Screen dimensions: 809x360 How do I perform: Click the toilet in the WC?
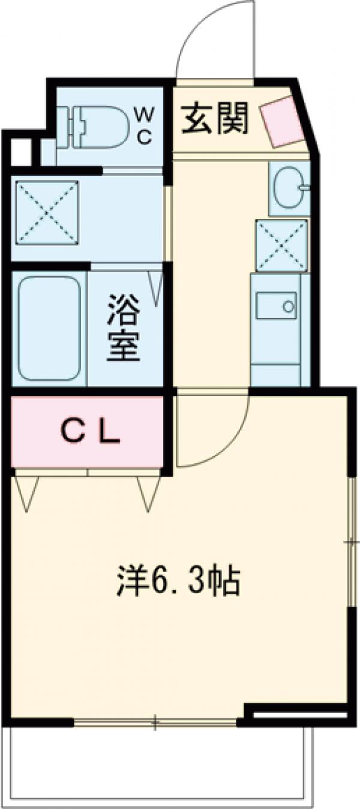tap(99, 126)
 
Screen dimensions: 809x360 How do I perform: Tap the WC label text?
tap(146, 125)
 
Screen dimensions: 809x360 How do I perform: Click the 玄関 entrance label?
tap(215, 117)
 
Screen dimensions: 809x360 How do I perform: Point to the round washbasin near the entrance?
tap(288, 188)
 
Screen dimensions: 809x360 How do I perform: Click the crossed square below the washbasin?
tap(281, 245)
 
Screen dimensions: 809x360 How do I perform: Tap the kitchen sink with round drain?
tap(276, 305)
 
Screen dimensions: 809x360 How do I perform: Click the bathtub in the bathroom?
tap(48, 328)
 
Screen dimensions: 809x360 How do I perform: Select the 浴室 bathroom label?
tap(124, 328)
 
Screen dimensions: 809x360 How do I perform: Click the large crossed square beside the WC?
tap(47, 212)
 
